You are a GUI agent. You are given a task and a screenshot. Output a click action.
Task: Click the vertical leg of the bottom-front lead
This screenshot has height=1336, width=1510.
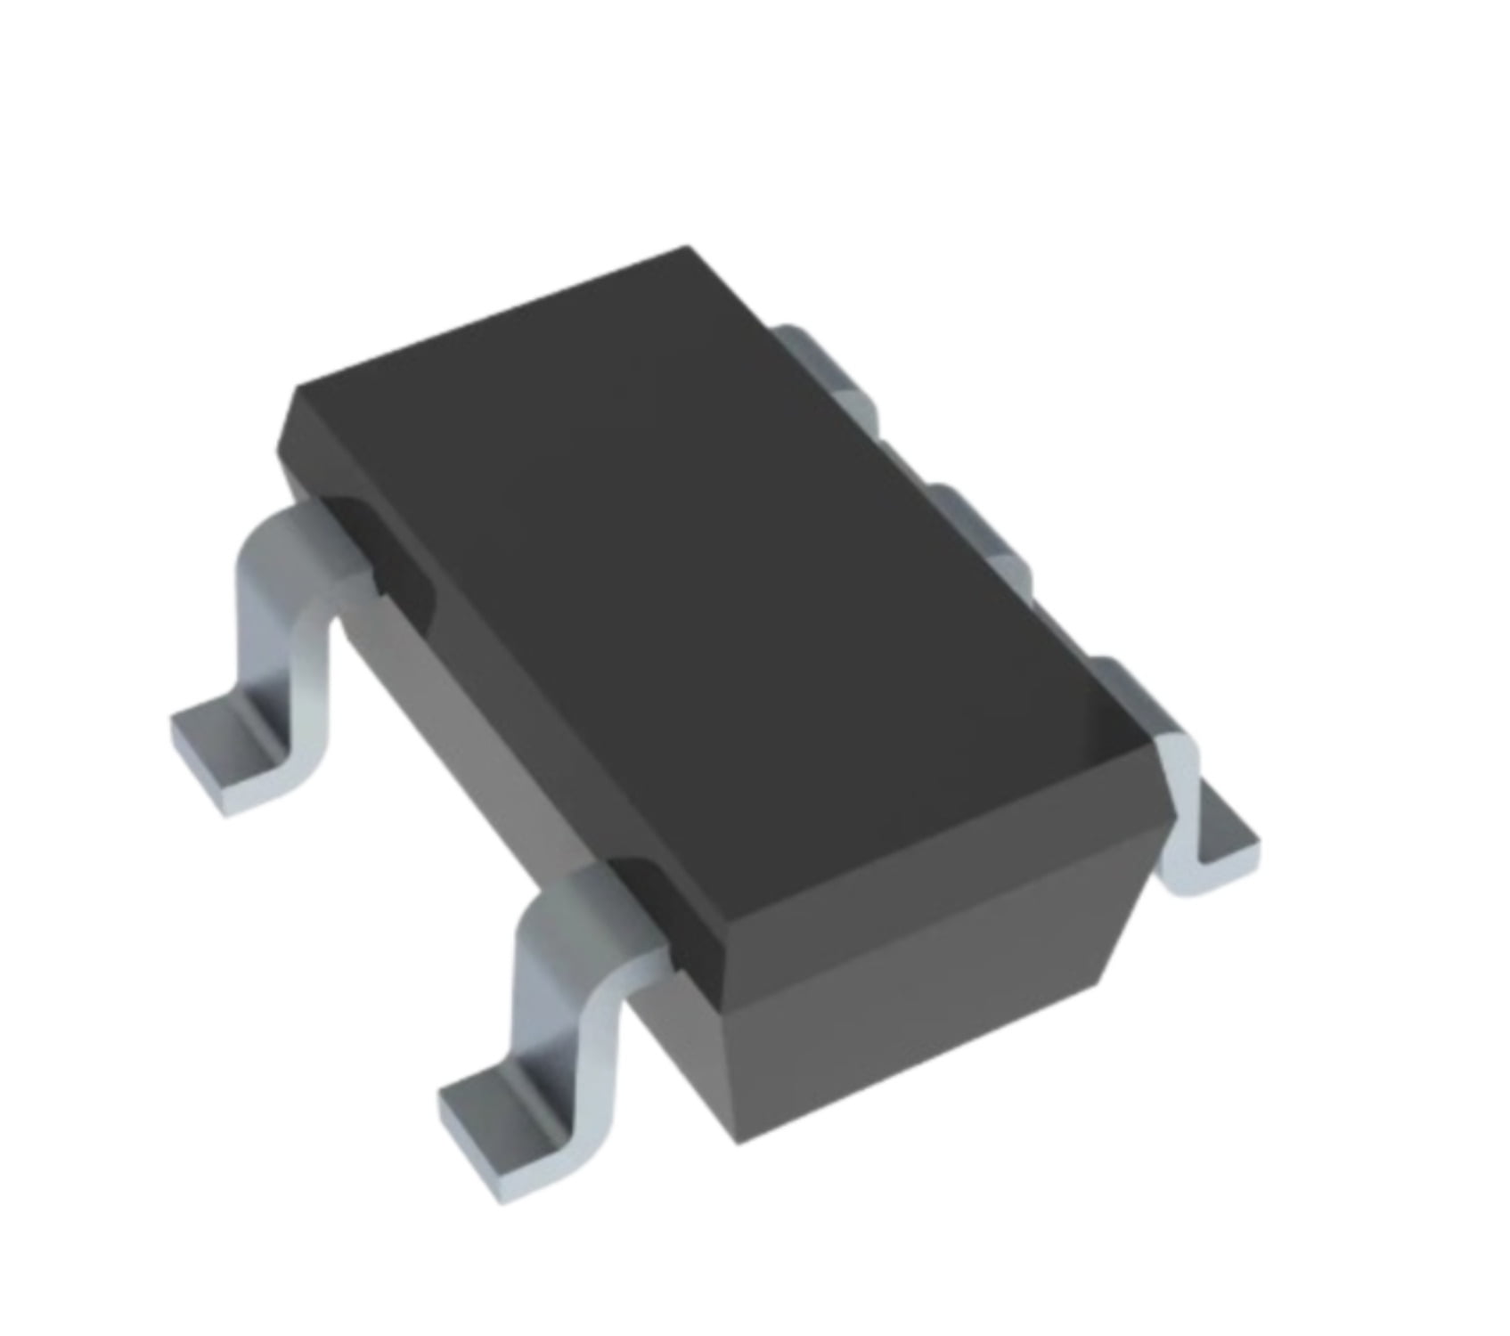click(561, 1024)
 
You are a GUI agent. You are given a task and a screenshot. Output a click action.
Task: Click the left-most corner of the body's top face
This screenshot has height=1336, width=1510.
click(294, 392)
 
